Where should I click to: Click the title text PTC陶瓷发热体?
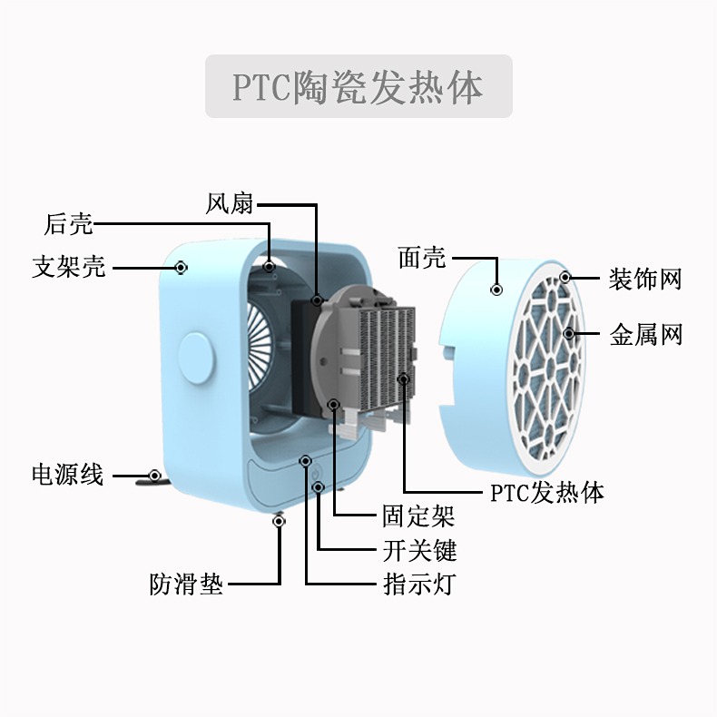(x=358, y=87)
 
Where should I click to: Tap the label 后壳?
(x=69, y=223)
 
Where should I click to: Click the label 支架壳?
(x=69, y=268)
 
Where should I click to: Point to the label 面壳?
(x=423, y=258)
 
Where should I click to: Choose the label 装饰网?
(x=645, y=279)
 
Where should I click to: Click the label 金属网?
(x=645, y=336)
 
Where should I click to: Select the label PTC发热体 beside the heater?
(x=546, y=493)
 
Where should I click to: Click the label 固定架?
(x=418, y=517)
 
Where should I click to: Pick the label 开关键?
(x=418, y=550)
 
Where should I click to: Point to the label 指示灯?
(x=418, y=583)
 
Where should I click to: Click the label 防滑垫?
(x=186, y=583)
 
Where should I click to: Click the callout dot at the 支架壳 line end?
(x=182, y=268)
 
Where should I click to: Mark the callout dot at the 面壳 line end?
(x=496, y=289)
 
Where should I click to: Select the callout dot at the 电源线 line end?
(x=155, y=475)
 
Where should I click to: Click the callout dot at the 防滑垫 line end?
(x=279, y=521)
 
